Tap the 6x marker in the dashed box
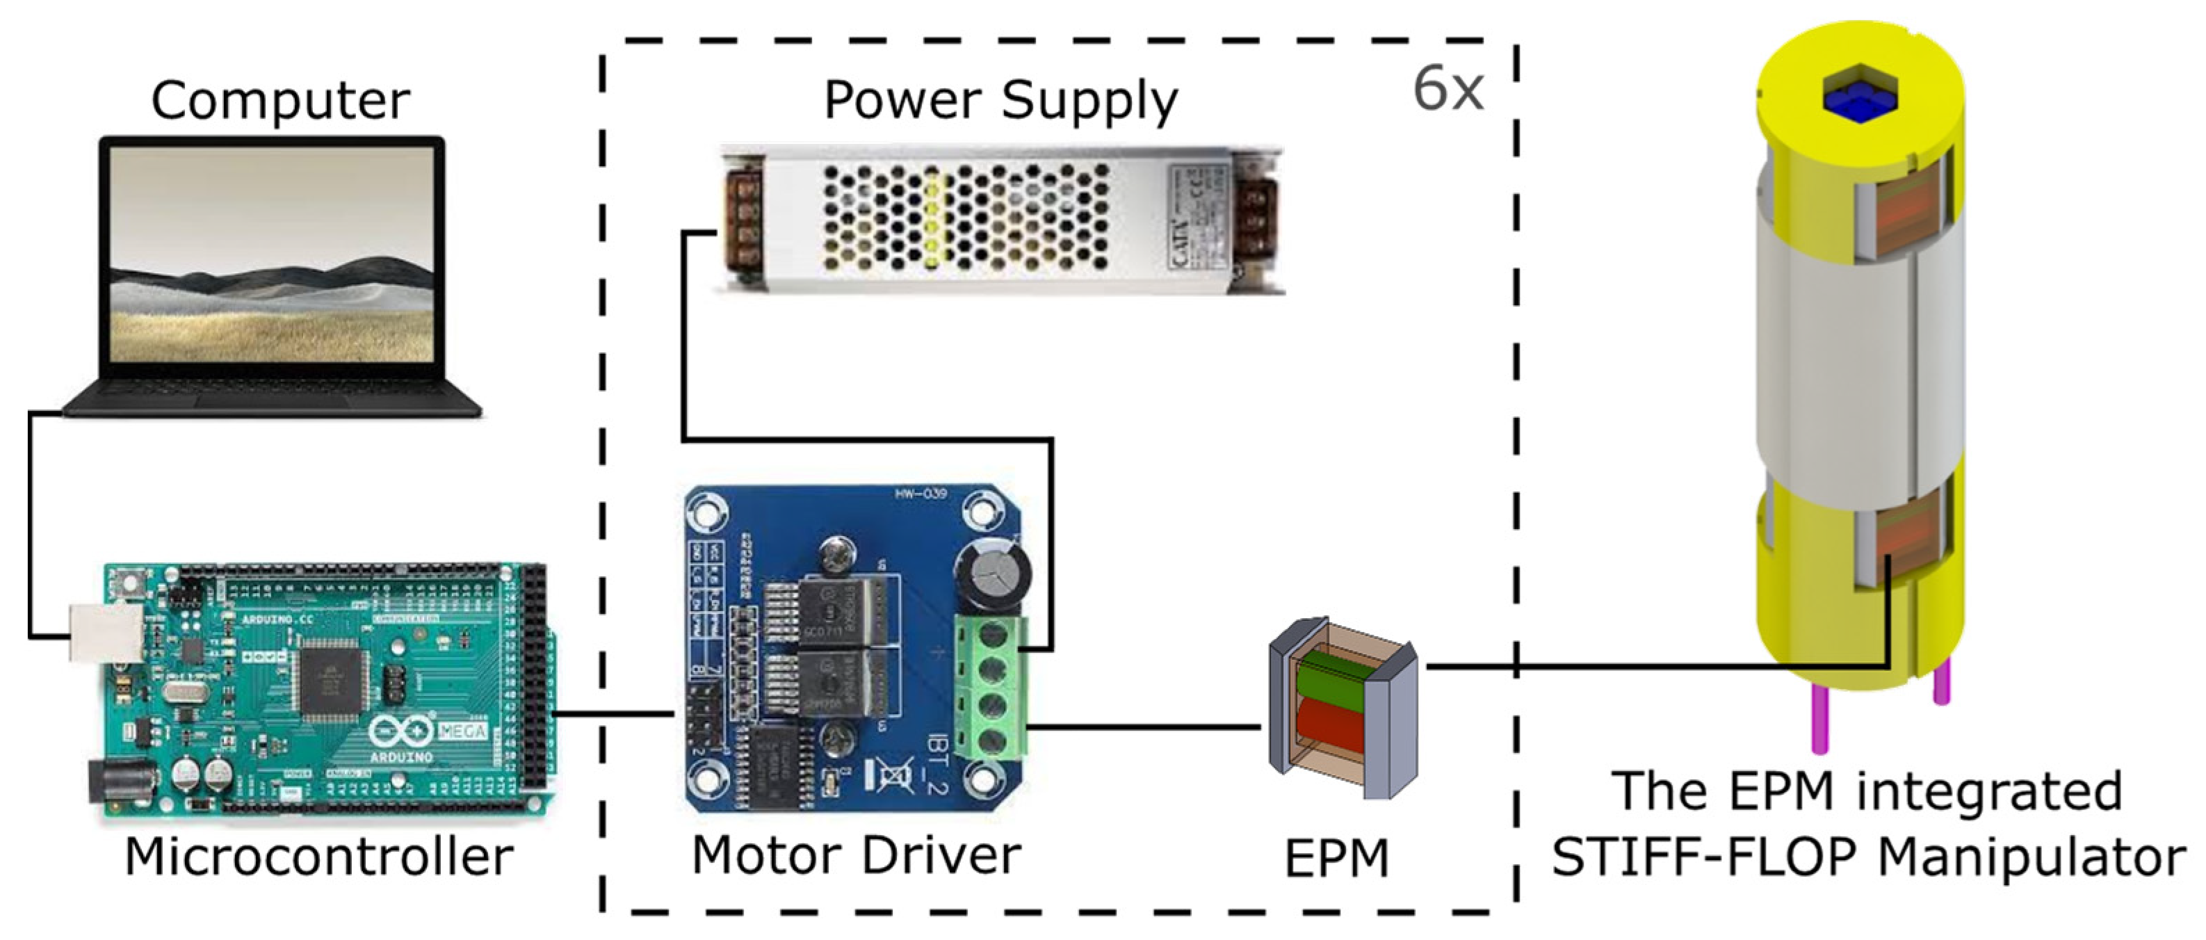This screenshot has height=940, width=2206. tap(1447, 89)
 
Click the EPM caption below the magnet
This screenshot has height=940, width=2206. tap(1336, 859)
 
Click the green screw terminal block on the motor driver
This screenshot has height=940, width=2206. tap(991, 688)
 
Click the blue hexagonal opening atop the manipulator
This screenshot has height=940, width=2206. tap(1860, 95)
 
